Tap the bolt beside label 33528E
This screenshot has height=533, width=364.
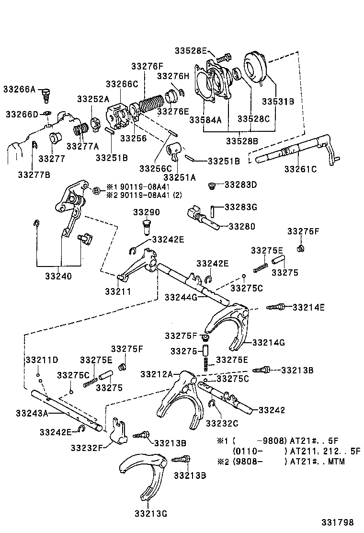(x=224, y=58)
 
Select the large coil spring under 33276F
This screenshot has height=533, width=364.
(x=152, y=104)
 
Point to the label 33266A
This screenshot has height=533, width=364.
(x=20, y=89)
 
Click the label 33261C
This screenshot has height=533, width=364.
(x=300, y=169)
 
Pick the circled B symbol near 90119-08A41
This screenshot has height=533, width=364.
(x=96, y=191)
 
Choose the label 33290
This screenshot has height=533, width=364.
(x=147, y=212)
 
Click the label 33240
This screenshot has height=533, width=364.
(x=58, y=276)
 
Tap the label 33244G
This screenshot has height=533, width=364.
(x=181, y=297)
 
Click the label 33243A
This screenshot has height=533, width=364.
(x=32, y=413)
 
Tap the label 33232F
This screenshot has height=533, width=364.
(x=87, y=448)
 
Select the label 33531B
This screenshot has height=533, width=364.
(x=278, y=102)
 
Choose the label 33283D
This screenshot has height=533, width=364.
(x=240, y=184)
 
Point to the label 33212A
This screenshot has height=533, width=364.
(x=157, y=373)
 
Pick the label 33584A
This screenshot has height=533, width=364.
(x=205, y=119)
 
